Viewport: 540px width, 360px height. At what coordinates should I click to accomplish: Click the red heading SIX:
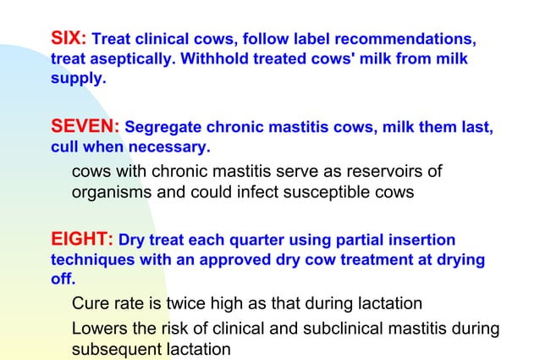point(69,38)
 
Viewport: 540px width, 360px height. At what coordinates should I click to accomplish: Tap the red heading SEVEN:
point(85,128)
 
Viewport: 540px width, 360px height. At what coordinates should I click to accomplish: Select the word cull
point(66,149)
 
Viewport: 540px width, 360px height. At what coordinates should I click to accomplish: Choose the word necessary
point(172,149)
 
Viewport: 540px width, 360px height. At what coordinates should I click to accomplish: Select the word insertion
point(421,241)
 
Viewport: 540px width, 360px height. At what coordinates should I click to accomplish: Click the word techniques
point(93,262)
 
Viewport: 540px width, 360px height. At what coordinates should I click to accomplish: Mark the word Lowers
point(101,328)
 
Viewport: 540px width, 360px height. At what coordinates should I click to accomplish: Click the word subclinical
point(344,328)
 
